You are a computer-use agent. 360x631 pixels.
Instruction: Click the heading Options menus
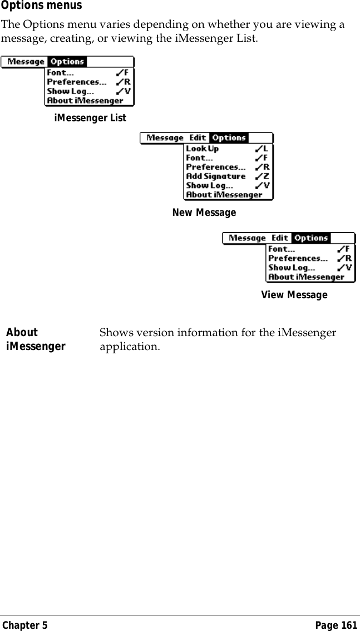point(41,6)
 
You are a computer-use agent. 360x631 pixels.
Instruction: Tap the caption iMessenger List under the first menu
point(90,118)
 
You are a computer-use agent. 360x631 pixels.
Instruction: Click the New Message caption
point(204,213)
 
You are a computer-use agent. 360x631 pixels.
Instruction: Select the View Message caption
point(294,294)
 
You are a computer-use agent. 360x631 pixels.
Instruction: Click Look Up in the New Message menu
point(202,149)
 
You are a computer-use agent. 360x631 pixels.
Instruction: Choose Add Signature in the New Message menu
point(215,176)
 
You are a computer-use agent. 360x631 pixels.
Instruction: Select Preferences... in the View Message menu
point(298,258)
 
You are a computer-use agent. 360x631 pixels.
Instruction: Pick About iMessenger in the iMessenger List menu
point(85,101)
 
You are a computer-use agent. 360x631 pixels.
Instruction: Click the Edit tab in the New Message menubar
point(198,138)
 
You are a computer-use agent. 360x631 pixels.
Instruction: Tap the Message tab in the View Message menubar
point(247,238)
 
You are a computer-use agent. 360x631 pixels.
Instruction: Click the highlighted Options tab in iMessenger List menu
point(67,62)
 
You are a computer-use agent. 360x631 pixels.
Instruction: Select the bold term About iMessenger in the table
point(36,339)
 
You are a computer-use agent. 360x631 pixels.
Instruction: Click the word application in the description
point(129,347)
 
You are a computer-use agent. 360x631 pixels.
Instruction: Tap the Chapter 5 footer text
point(25,625)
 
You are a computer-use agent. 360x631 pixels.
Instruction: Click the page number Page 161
point(336,625)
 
